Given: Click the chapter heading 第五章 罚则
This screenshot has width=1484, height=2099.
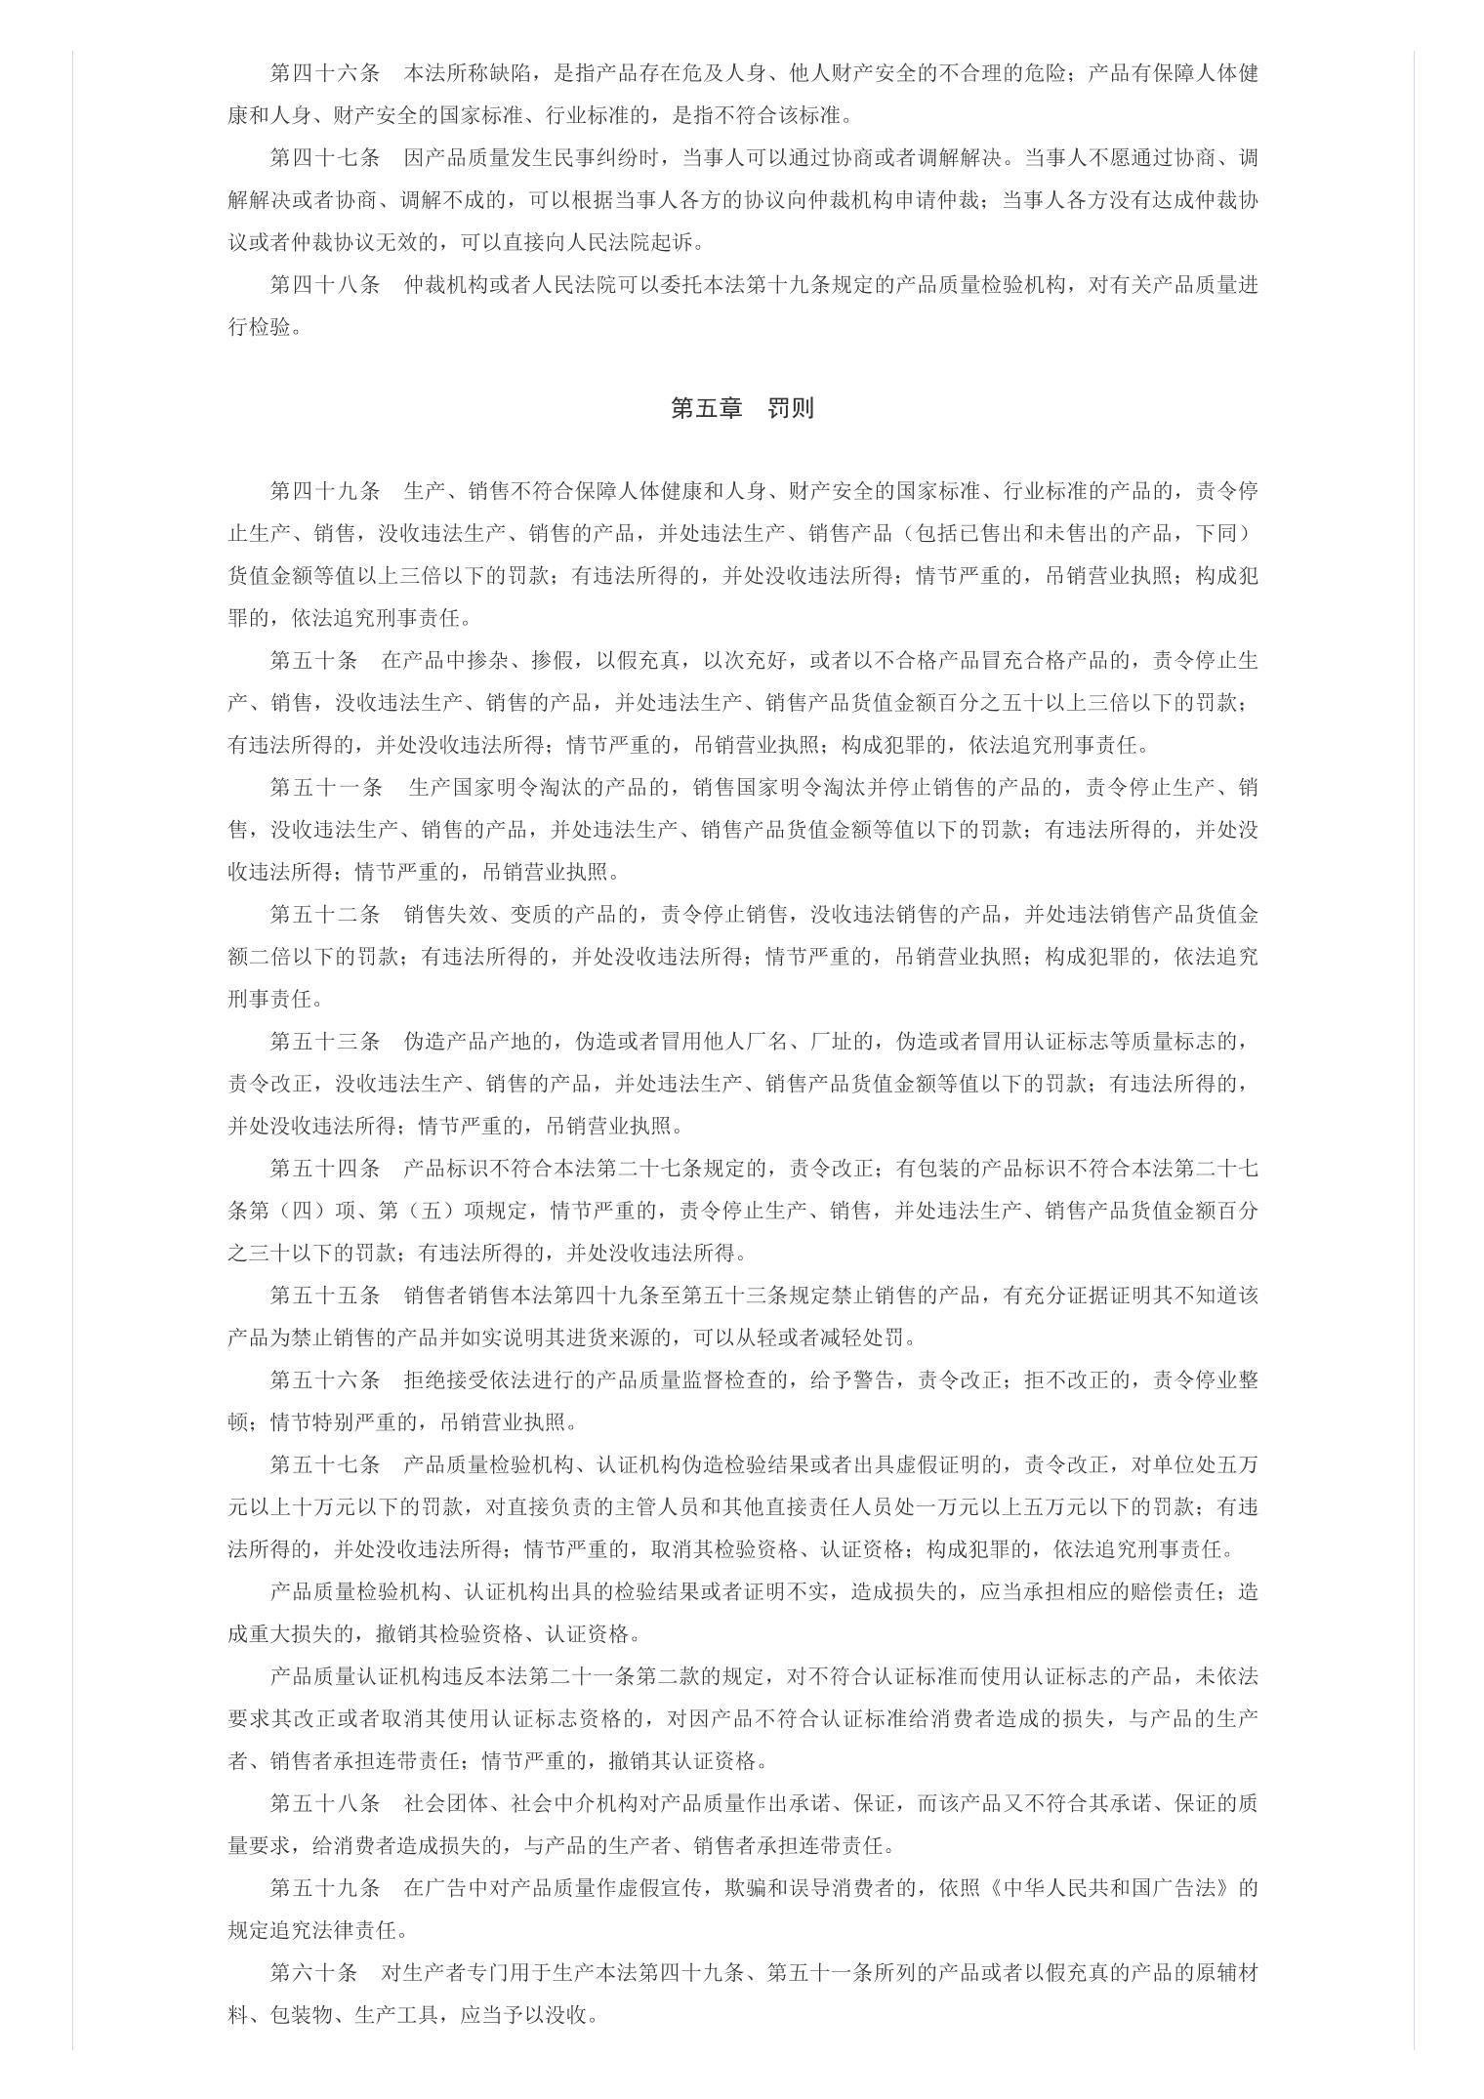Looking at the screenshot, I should [x=742, y=408].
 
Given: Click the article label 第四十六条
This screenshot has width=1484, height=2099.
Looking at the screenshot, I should [x=324, y=73].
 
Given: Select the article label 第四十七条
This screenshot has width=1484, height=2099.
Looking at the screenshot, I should [x=324, y=158].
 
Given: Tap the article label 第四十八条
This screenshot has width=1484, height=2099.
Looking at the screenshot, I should [x=324, y=285].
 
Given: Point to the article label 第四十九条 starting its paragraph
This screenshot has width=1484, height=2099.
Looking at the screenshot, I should [x=324, y=490].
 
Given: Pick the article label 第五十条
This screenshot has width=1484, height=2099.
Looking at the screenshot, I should [x=313, y=660].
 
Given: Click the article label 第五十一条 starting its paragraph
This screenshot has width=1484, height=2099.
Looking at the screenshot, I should [x=326, y=787].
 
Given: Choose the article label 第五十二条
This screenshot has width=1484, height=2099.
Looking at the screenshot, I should [x=324, y=914].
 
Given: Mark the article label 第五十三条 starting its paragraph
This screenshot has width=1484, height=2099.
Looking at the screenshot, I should [x=324, y=1041].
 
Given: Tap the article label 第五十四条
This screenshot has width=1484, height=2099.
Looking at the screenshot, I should [x=324, y=1168].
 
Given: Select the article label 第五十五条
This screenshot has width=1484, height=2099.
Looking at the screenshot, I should [x=324, y=1295].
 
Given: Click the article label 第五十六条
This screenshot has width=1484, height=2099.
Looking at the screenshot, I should [x=324, y=1379].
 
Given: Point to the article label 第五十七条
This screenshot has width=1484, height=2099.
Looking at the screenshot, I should [x=324, y=1464].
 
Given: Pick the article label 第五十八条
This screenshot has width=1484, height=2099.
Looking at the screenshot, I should [x=324, y=1802].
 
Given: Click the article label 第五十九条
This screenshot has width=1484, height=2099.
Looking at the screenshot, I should [x=324, y=1887].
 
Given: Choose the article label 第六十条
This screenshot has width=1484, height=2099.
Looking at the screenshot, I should [x=313, y=1972].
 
